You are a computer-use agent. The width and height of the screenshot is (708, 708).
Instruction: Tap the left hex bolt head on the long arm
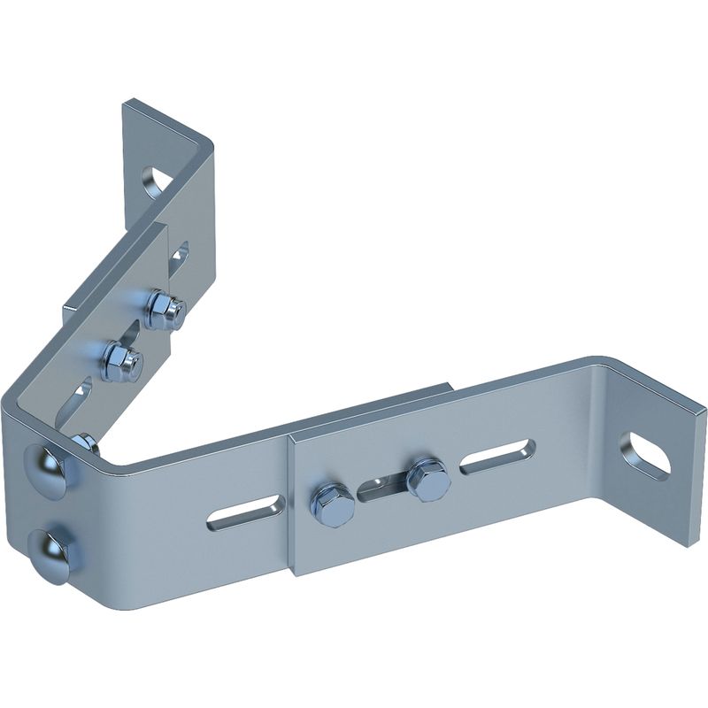tap(332, 504)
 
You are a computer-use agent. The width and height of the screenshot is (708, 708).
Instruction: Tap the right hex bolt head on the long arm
tap(428, 479)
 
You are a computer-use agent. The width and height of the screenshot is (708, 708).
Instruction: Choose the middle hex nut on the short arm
tap(120, 361)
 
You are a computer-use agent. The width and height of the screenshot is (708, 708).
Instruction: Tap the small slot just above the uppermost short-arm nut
tap(180, 254)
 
